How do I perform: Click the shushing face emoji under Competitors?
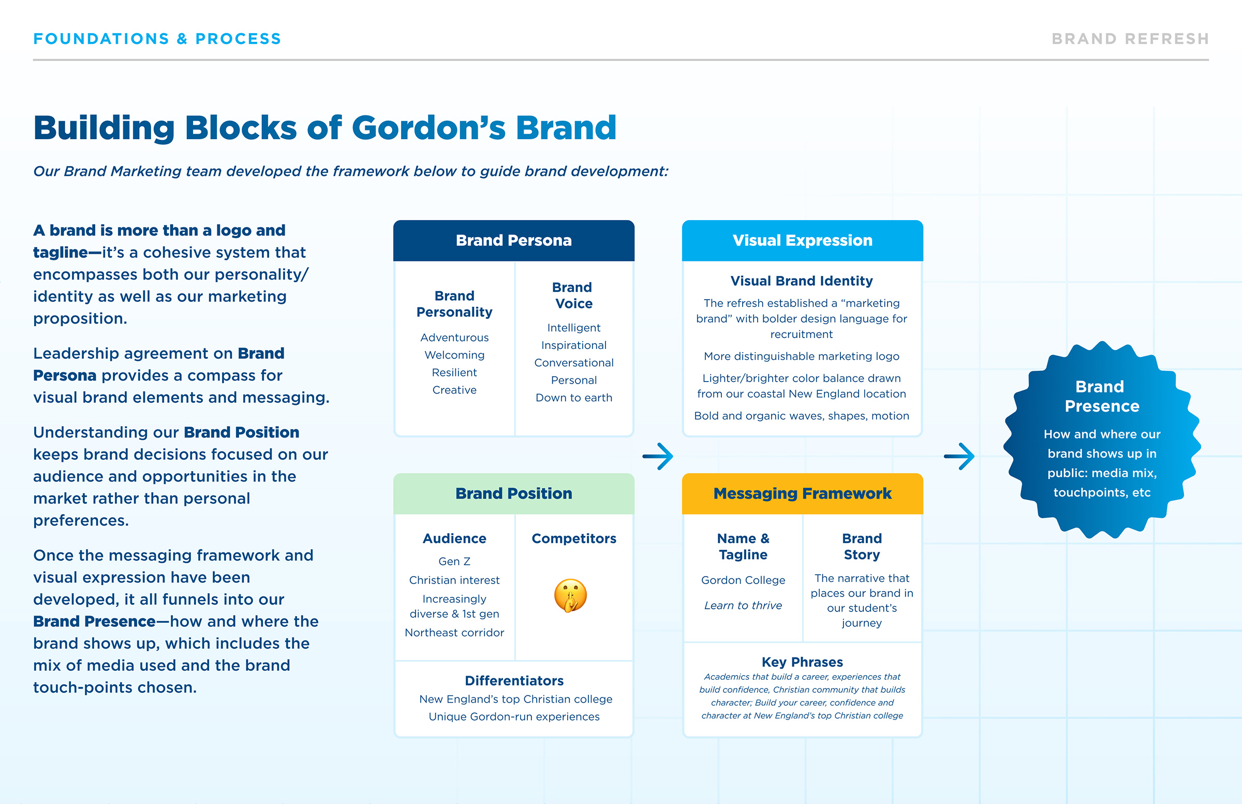pos(570,595)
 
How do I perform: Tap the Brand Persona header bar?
pos(513,241)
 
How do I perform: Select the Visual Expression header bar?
pos(802,241)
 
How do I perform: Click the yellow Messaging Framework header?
pos(802,494)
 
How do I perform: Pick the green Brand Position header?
pos(513,494)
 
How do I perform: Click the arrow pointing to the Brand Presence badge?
pos(959,456)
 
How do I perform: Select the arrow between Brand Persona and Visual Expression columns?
pos(658,456)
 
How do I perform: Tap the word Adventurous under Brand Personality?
pos(454,338)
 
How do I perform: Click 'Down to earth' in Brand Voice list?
pos(573,398)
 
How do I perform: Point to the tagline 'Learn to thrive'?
pos(743,606)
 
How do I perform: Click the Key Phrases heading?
pos(802,662)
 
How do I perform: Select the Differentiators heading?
pos(514,681)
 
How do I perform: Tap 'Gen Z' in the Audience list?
pos(454,562)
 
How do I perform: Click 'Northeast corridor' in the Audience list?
pos(454,633)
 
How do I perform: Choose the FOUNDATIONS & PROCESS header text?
pos(157,39)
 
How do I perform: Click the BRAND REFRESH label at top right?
pos(1130,39)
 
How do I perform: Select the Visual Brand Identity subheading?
pos(801,282)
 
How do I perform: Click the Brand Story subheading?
pos(862,547)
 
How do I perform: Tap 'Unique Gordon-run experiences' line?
pos(514,717)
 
